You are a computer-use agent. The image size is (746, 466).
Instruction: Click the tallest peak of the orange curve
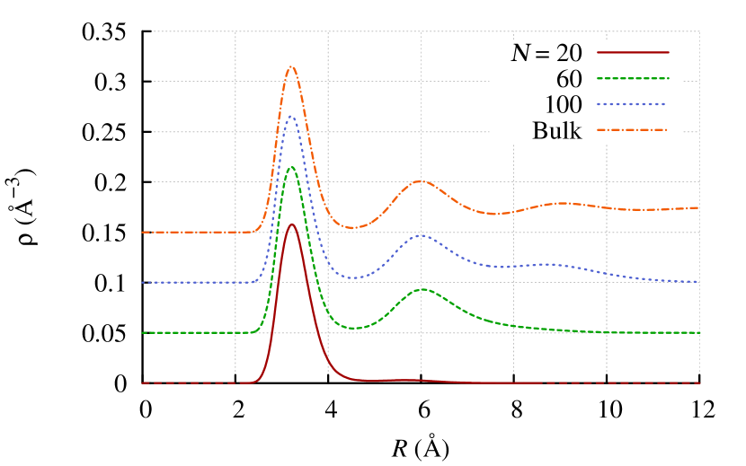pos(291,67)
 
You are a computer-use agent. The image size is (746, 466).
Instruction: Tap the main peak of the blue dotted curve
pos(290,117)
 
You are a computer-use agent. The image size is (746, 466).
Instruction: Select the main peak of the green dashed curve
pos(291,167)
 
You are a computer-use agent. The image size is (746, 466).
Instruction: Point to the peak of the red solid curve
pos(291,224)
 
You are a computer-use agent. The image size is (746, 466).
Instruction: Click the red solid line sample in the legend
pos(633,52)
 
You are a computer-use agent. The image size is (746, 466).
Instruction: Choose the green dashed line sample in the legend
pos(633,78)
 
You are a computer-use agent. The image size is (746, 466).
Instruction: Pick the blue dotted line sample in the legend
pos(633,104)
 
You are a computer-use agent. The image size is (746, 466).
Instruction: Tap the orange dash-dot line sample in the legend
pos(633,130)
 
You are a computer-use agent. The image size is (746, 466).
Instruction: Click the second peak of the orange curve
pos(420,181)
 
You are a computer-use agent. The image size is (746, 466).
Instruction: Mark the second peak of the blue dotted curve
pos(421,235)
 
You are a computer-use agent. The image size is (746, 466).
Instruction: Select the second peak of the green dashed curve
pos(423,289)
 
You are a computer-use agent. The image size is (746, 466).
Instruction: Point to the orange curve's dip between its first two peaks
pos(352,227)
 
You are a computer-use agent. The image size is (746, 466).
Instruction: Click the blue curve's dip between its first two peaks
pos(354,277)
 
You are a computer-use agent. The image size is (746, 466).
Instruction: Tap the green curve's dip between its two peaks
pos(355,328)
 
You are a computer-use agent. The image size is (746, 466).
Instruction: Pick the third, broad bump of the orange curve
pos(560,204)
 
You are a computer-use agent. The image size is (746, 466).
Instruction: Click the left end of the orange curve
pos(142,232)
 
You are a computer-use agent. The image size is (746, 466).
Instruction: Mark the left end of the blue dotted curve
pos(142,282)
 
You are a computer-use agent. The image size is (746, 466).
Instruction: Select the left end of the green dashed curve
pos(142,332)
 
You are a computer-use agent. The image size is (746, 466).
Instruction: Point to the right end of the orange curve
pos(698,207)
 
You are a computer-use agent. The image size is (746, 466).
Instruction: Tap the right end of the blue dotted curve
pos(698,282)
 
